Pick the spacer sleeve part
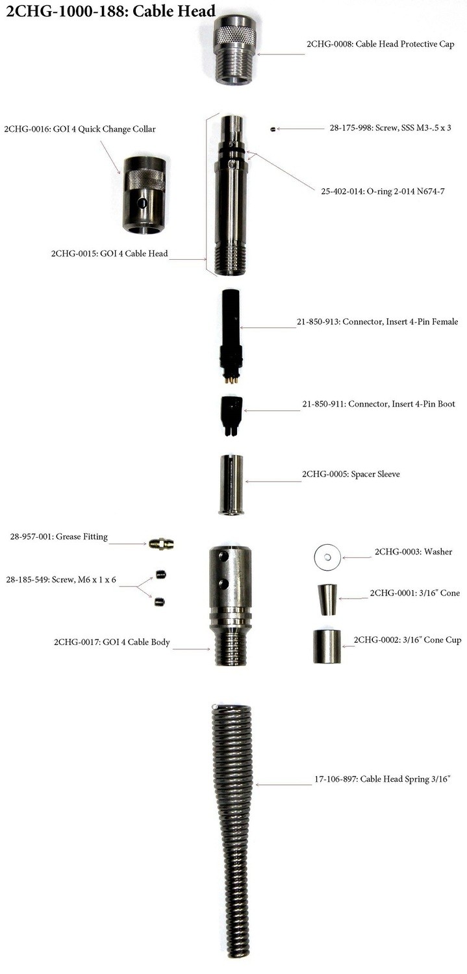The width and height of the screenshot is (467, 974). pyautogui.click(x=231, y=484)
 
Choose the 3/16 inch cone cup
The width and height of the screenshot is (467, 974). pyautogui.click(x=326, y=645)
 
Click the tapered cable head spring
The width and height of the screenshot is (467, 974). pyautogui.click(x=232, y=825)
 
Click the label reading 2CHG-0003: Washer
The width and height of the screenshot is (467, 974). pyautogui.click(x=413, y=552)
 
